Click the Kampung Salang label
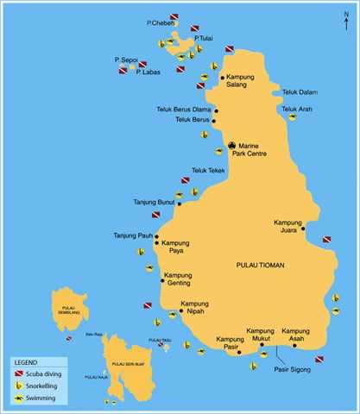[x=239, y=81]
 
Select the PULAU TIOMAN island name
[x=260, y=265]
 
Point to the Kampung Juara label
[x=288, y=226]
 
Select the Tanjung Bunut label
[x=154, y=203]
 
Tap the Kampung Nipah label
[x=194, y=308]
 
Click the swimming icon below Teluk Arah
[x=293, y=117]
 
